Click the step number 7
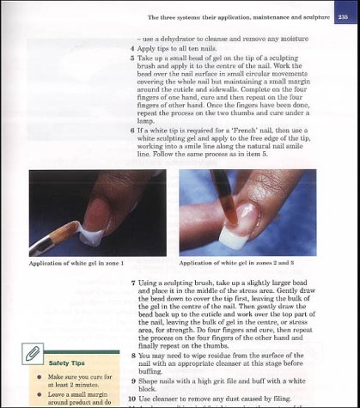[x=132, y=283]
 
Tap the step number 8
[x=132, y=355]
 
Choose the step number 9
[x=132, y=379]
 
